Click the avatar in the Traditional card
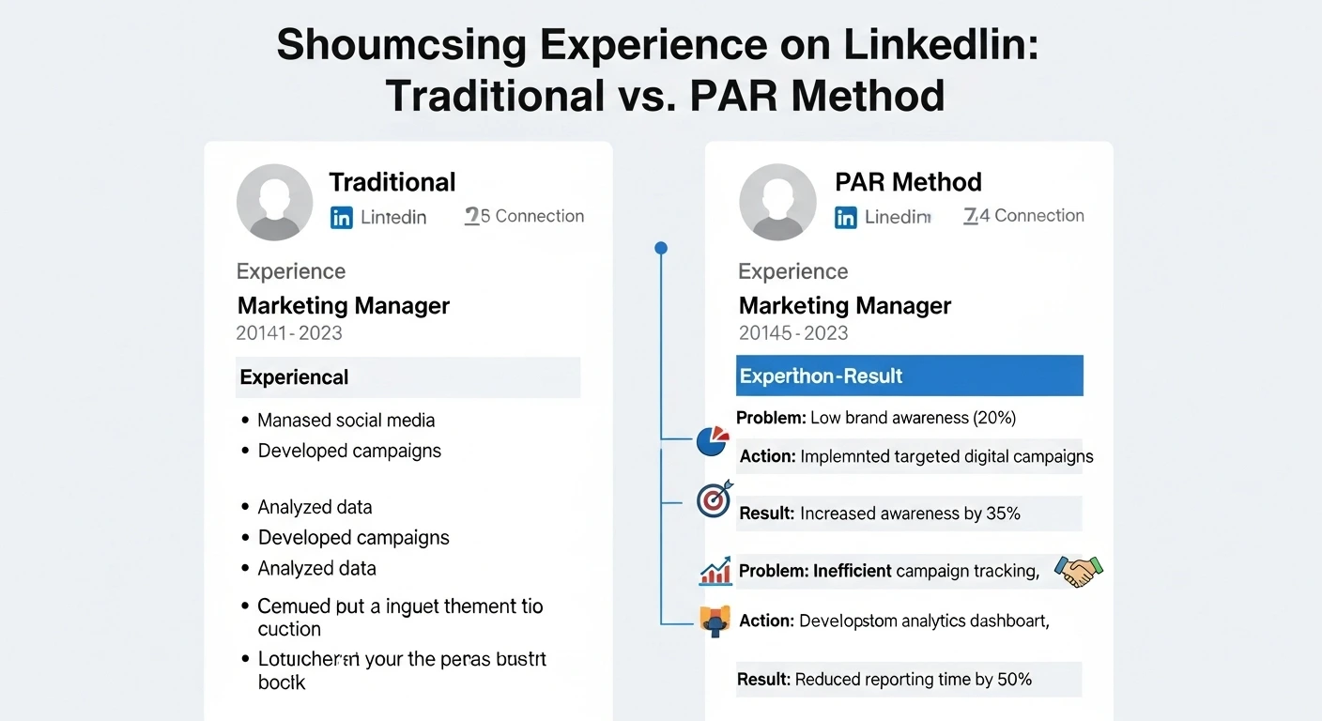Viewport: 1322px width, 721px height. coord(274,202)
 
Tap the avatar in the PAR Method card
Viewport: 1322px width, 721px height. coord(777,202)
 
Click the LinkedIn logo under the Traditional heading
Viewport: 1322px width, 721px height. coord(342,218)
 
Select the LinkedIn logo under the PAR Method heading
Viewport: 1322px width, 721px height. coord(846,218)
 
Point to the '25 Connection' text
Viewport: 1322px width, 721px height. coord(525,216)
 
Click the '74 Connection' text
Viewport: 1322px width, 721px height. coord(1024,216)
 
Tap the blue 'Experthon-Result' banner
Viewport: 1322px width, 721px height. coord(909,376)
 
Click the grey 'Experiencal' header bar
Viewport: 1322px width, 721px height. coord(407,377)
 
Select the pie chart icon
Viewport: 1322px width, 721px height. coord(713,440)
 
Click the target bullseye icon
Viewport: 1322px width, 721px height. coord(713,500)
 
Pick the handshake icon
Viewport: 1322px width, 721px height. coord(1078,570)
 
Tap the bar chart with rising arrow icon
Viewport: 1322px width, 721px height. coord(715,570)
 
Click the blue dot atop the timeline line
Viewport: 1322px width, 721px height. coord(661,248)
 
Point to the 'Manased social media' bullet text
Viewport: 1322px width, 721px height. coord(346,420)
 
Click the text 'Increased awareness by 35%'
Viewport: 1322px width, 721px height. coord(910,514)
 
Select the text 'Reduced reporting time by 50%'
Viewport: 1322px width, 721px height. coord(914,679)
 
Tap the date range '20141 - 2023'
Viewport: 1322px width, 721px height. coord(289,333)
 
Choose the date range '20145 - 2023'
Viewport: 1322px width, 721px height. coord(793,333)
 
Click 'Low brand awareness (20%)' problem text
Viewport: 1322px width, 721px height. coord(913,418)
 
